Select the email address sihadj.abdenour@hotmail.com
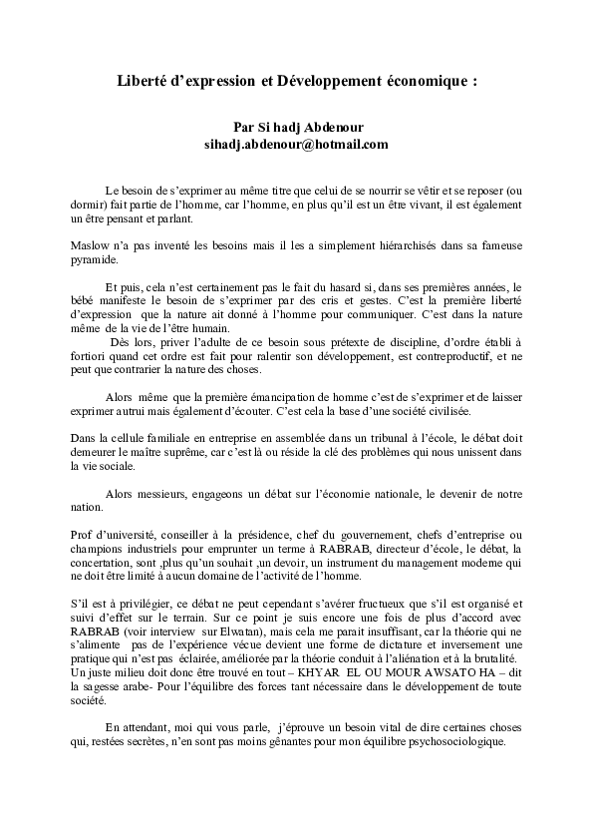295,145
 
